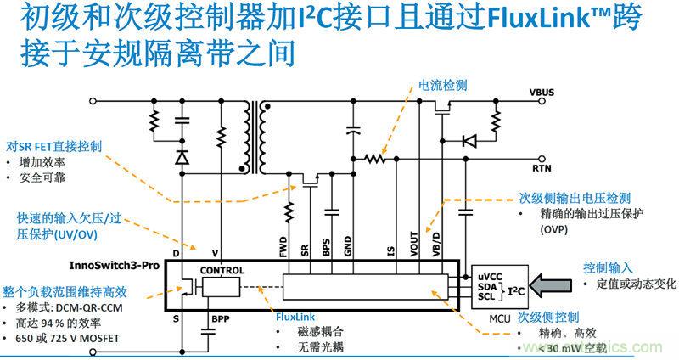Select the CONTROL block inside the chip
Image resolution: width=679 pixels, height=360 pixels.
point(222,271)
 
